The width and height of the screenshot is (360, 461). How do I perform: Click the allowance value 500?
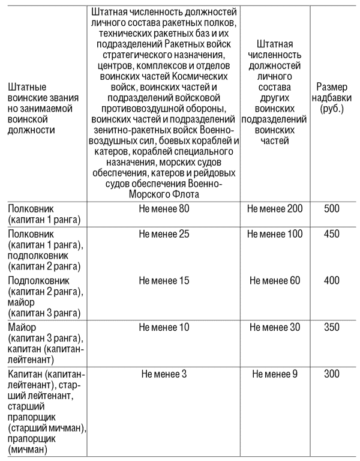tap(331, 209)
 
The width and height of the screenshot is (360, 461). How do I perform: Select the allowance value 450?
tap(331, 234)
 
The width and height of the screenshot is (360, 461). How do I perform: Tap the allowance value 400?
tap(331, 280)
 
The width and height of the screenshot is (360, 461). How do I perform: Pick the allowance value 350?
tap(331, 327)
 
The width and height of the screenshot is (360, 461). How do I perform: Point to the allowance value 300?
tap(331, 374)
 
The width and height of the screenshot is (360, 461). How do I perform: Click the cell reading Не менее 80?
tap(164, 209)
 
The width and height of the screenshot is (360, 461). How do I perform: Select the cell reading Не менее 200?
tap(275, 209)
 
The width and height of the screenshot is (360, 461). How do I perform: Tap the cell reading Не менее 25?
tap(164, 234)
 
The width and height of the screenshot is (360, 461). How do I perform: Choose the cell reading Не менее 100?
tap(275, 234)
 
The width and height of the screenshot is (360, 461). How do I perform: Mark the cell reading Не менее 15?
tap(164, 280)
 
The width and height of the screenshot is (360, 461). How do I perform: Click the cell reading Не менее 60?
tap(275, 280)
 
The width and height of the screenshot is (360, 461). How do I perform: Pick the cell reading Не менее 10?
tap(164, 327)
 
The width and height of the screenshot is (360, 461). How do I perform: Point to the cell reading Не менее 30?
tap(275, 327)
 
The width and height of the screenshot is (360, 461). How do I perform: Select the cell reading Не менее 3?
tap(164, 374)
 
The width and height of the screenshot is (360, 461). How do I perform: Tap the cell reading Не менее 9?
tap(275, 374)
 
